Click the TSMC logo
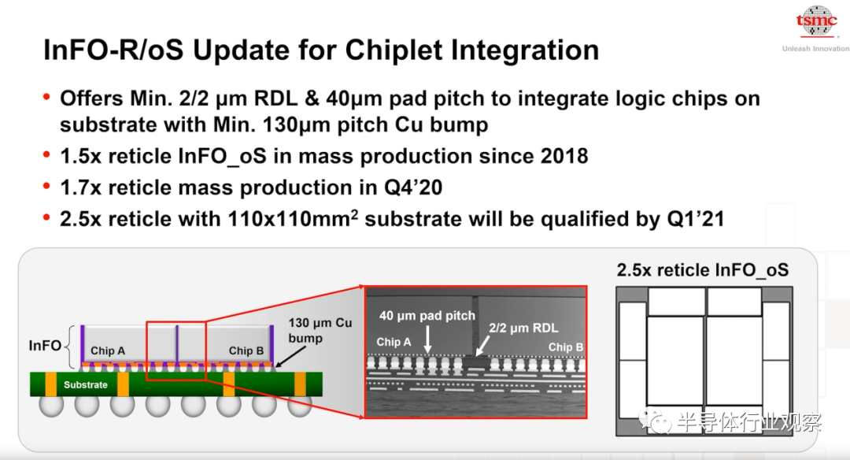tap(816, 21)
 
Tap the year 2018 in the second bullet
tap(564, 156)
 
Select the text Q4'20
tap(413, 187)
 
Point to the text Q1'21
tap(696, 219)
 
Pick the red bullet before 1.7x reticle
tap(46, 187)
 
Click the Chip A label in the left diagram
tap(108, 351)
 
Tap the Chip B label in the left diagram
tap(246, 351)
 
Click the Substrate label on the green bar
tap(86, 384)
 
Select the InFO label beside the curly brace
tap(44, 346)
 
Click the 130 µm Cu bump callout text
tap(320, 330)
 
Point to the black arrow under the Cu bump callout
tap(290, 356)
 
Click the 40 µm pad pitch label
tap(427, 316)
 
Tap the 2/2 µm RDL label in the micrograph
tap(523, 328)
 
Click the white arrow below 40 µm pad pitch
tap(427, 340)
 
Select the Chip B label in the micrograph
tap(565, 347)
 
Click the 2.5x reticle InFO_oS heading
tap(703, 270)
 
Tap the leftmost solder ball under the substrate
tap(51, 405)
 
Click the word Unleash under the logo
tap(796, 49)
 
